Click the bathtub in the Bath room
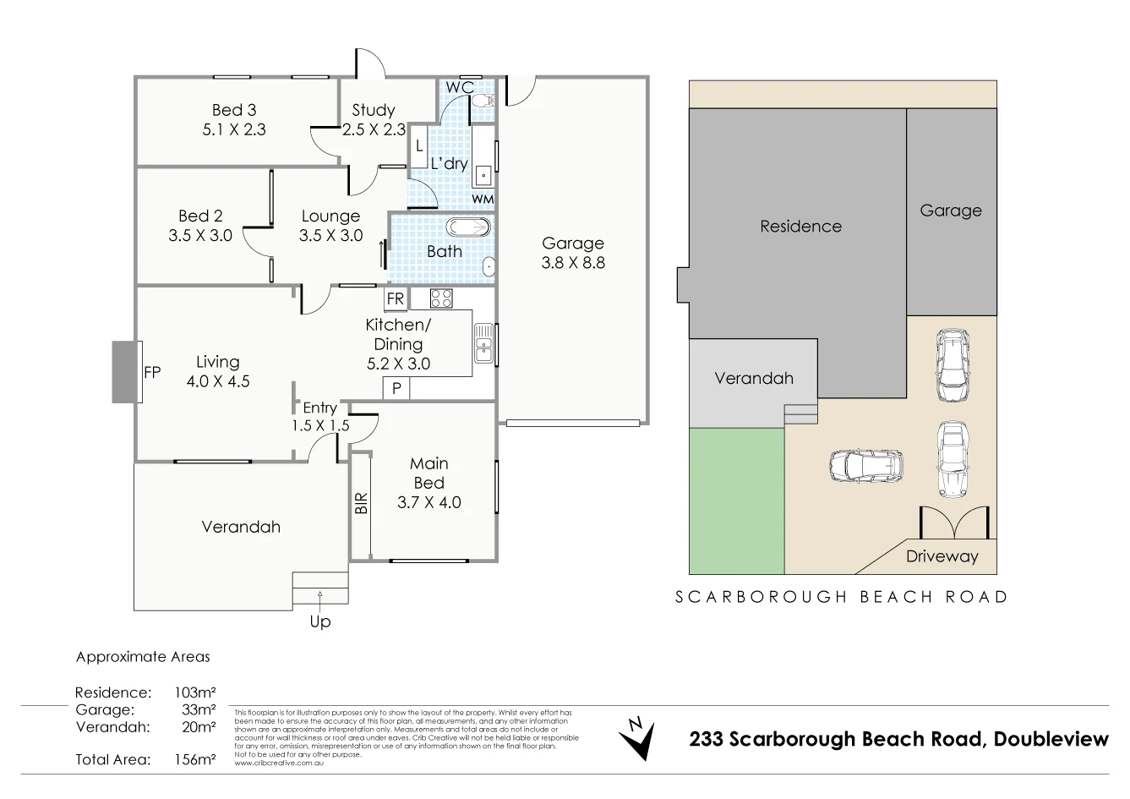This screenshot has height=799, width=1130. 467,227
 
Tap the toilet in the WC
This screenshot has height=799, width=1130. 483,101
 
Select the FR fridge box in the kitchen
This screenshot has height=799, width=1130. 395,298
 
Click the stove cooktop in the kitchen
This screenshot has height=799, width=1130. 441,298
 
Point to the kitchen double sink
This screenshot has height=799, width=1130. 483,343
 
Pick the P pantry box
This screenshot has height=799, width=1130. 396,388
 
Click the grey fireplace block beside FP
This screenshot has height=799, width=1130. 124,371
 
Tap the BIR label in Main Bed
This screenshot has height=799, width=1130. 361,505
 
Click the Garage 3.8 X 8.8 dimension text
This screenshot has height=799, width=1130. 573,263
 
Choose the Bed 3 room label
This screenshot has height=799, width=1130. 234,110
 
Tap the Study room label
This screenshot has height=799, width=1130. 374,110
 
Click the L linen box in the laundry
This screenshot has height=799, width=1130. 418,147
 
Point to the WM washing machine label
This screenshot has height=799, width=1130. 483,199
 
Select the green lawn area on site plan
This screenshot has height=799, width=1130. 736,501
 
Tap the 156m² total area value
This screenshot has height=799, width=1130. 195,759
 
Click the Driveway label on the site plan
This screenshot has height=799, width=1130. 942,556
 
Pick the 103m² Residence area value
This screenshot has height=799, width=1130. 195,692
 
